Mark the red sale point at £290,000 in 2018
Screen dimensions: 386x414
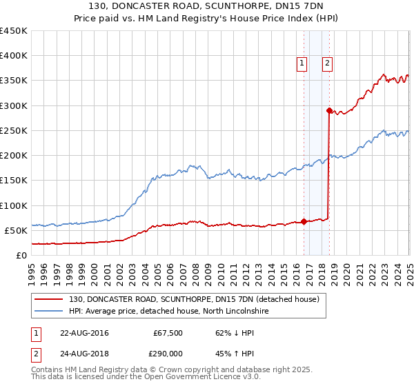(329, 110)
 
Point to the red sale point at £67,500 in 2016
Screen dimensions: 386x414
(304, 221)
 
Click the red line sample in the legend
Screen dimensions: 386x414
(49, 300)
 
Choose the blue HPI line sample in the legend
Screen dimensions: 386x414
(49, 312)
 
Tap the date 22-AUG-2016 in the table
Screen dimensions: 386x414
(84, 333)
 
